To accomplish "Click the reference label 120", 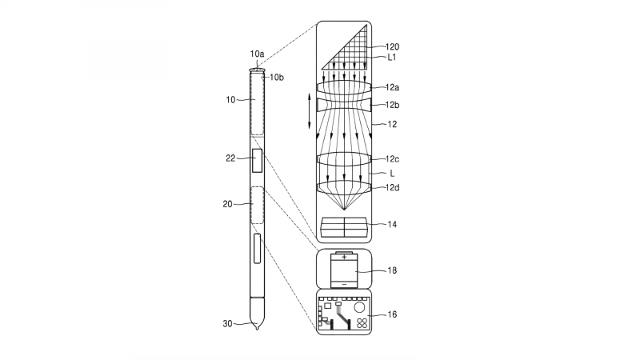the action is (x=392, y=47).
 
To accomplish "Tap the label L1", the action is (x=391, y=57).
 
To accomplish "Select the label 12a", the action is (x=392, y=87).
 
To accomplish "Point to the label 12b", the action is (x=392, y=105).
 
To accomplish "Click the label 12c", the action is (x=392, y=158).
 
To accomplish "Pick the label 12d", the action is (x=392, y=187).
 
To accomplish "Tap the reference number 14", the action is (x=392, y=224).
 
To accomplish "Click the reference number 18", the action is (x=392, y=270).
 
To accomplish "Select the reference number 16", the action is (x=392, y=314).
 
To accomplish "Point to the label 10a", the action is (x=257, y=54).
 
